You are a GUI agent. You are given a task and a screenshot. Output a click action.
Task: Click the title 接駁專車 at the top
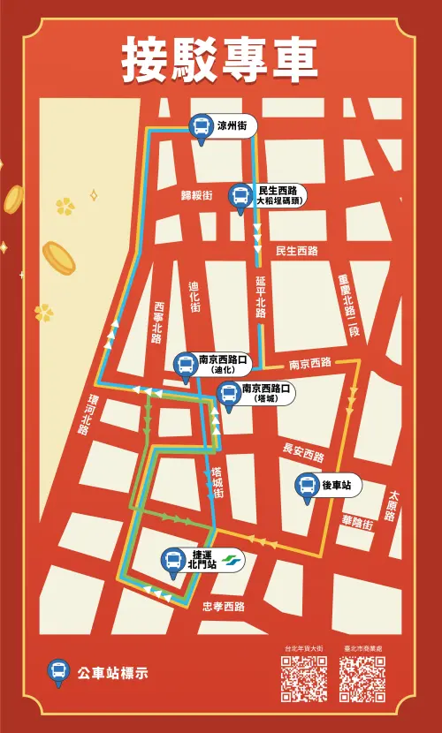click(x=220, y=58)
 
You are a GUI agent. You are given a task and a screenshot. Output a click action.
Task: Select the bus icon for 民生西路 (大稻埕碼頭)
click(x=240, y=195)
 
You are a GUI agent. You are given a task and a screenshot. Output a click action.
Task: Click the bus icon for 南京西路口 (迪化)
click(x=185, y=365)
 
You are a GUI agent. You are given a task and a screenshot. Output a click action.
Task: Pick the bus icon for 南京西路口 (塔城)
click(x=228, y=394)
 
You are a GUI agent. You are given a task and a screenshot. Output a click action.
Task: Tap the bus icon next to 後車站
click(x=306, y=486)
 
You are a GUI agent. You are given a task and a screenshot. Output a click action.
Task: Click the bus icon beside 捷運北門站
click(x=175, y=560)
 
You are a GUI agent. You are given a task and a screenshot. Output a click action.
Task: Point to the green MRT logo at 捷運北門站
click(x=232, y=560)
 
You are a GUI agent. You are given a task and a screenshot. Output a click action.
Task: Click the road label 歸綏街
click(x=196, y=194)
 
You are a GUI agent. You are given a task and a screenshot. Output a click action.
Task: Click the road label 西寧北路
click(x=158, y=321)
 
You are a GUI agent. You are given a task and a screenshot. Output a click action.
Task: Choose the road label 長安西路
click(x=303, y=452)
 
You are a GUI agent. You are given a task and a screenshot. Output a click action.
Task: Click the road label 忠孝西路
click(x=223, y=607)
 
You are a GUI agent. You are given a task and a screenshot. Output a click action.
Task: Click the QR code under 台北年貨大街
click(x=303, y=679)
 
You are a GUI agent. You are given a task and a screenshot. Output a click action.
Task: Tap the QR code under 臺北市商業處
click(x=362, y=679)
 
